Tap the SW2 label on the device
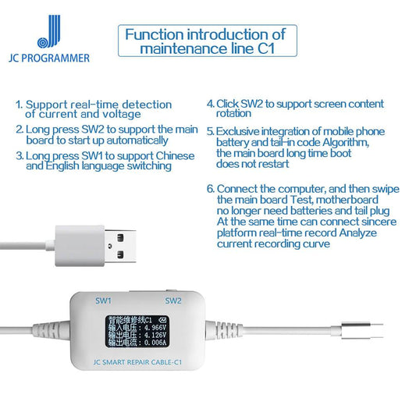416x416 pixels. pos(172,300)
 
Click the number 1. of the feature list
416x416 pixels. pos(20,105)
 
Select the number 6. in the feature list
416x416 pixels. pos(211,189)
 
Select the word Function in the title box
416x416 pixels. pos(152,34)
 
